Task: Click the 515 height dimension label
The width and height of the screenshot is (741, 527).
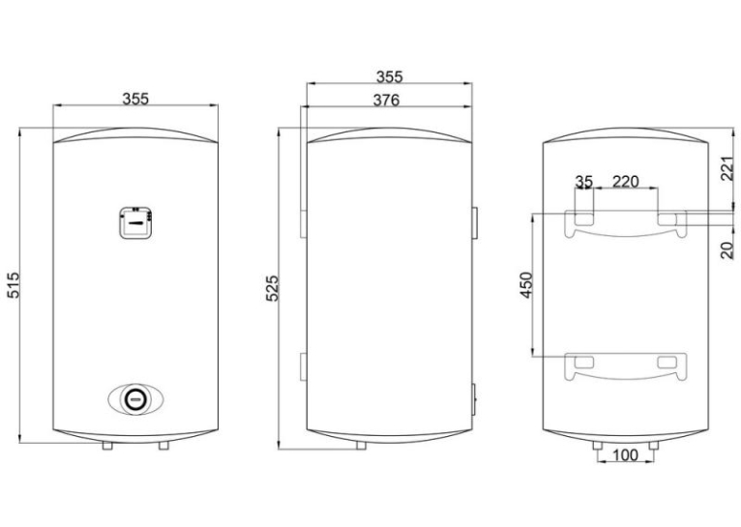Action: [14, 284]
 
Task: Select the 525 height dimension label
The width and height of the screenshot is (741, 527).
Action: [272, 288]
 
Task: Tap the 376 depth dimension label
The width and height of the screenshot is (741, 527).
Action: [386, 101]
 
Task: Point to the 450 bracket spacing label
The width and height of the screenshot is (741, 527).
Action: [526, 284]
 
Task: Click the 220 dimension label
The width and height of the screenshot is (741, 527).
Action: [625, 182]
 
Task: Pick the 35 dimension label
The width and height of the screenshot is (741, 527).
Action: [583, 182]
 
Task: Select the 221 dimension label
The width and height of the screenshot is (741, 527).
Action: [728, 169]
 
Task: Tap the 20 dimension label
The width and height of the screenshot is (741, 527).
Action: [728, 249]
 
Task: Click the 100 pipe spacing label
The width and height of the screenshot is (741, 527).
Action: [625, 455]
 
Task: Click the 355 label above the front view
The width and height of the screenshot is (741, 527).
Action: [135, 99]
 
